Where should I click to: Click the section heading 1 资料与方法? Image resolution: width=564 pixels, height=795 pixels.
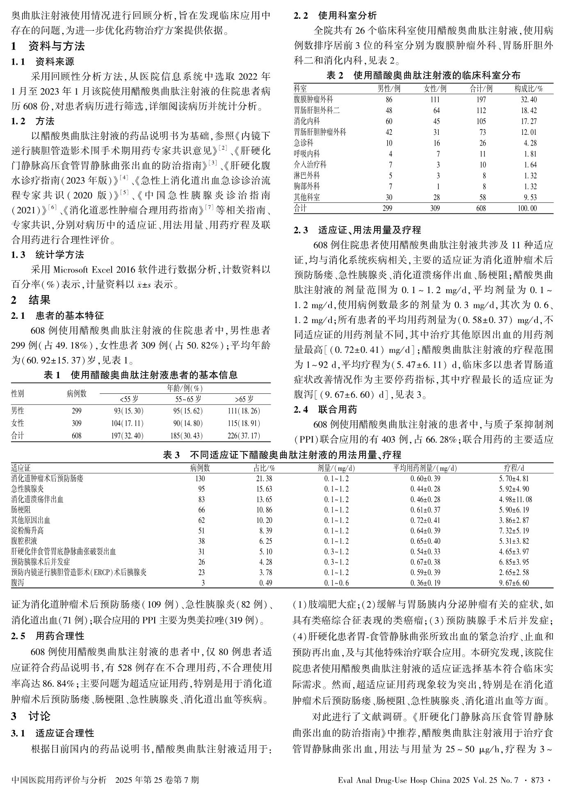[x=48, y=46]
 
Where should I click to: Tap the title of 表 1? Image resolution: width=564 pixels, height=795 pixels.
[x=141, y=375]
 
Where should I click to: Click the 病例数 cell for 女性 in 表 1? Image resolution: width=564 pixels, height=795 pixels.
[x=77, y=423]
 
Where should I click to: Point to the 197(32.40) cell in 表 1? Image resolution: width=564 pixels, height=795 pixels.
[x=127, y=436]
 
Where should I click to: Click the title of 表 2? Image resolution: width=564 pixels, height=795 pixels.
[x=423, y=75]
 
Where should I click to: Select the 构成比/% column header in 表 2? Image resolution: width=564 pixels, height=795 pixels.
[x=529, y=89]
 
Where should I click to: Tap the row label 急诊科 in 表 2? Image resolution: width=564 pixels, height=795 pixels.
[x=304, y=143]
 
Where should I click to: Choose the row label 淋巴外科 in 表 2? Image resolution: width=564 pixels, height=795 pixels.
[x=307, y=175]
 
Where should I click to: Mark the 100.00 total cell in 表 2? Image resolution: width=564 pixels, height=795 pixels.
[x=527, y=208]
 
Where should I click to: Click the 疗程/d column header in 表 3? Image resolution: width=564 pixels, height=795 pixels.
[x=514, y=468]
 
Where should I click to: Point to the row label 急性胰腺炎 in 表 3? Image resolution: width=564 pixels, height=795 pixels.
[x=27, y=489]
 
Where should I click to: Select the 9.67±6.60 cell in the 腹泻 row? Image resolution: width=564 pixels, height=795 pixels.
[x=514, y=583]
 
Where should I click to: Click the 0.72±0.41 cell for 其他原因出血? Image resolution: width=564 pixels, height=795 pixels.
[x=425, y=520]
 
